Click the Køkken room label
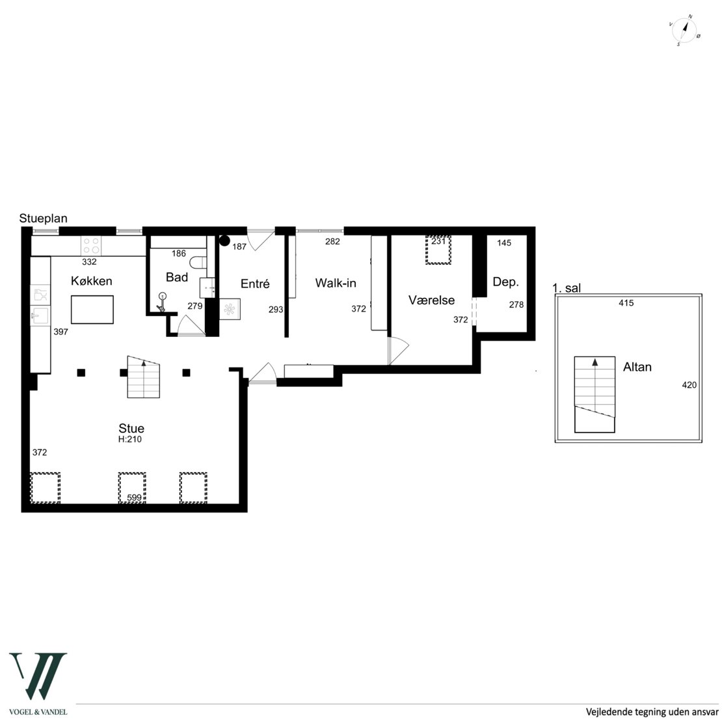coord(91,281)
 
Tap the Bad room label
coord(177,277)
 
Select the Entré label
coord(255,284)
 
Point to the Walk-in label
coord(336,283)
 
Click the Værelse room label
coord(431,301)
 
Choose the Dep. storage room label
coord(505,282)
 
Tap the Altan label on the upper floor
coord(637,367)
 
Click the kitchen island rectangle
coord(92,310)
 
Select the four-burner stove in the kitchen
coord(91,245)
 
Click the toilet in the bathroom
coord(198,263)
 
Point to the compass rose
coord(685,31)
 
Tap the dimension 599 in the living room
coord(135,498)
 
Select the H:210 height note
coord(130,439)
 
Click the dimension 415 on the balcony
coord(626,303)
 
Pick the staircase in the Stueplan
coord(144,377)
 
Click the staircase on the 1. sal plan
coord(595,395)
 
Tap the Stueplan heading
coord(44,219)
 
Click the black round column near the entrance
coord(224,241)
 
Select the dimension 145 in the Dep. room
coord(504,243)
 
